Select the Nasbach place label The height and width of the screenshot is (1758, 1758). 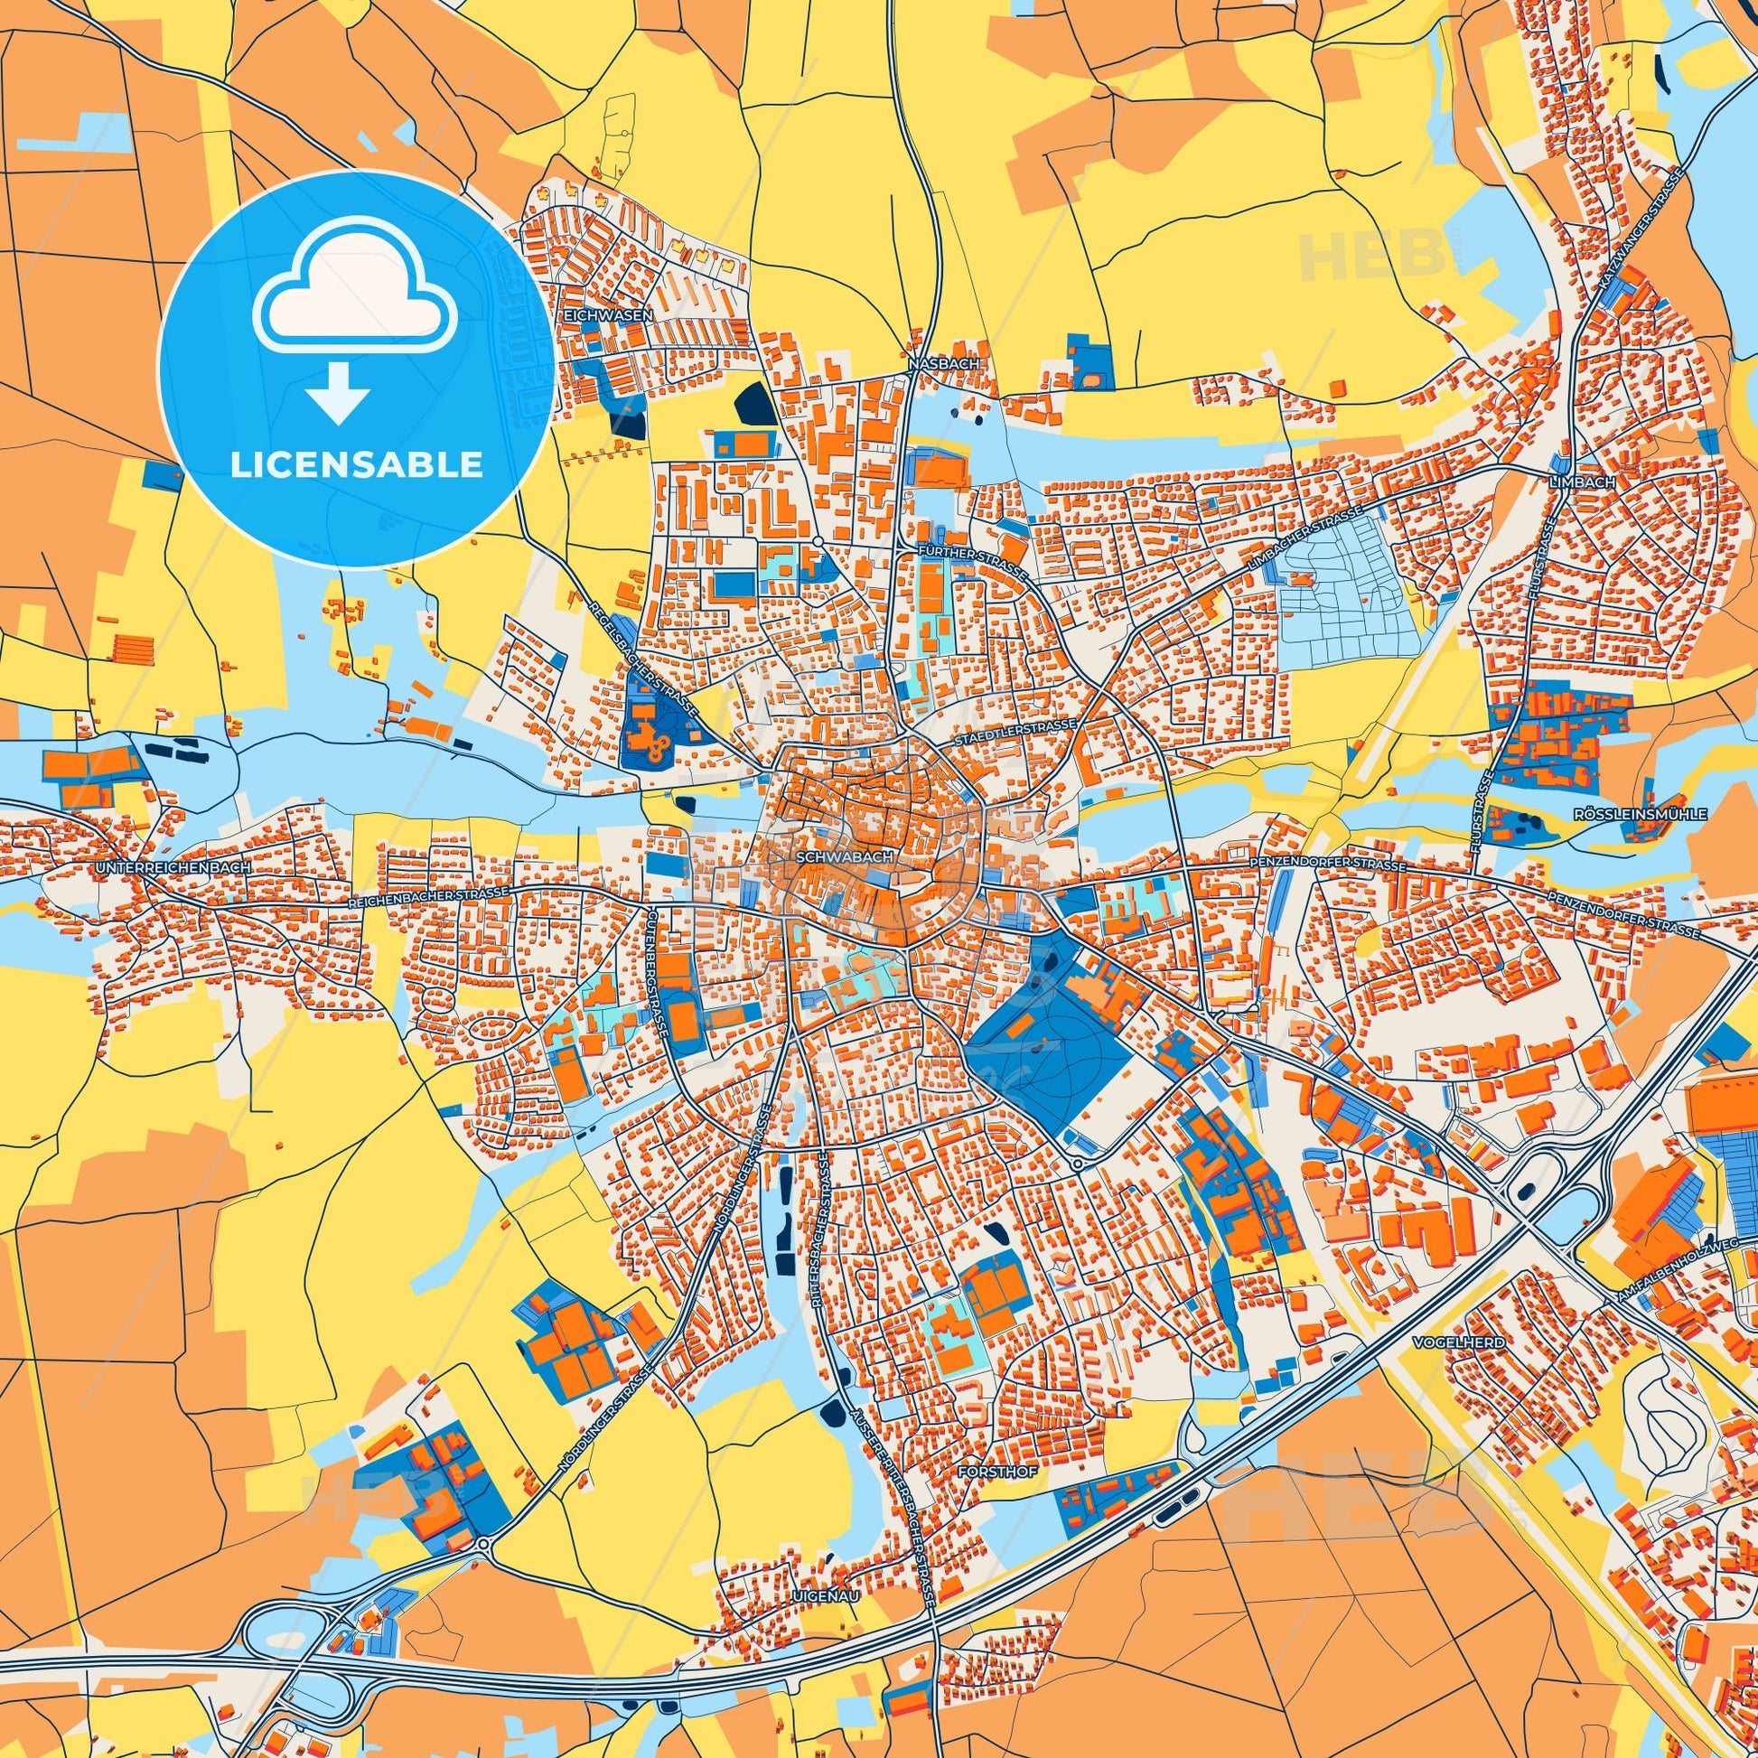(x=944, y=363)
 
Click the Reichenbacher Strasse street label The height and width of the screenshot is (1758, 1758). (x=428, y=897)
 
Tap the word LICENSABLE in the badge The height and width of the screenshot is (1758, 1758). (x=356, y=464)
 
